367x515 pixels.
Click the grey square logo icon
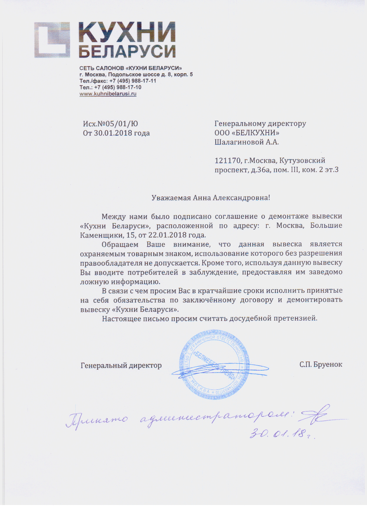coord(52,40)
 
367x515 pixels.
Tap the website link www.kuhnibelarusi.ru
coord(108,94)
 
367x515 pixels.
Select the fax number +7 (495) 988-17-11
coord(133,81)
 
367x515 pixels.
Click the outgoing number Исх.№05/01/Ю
coord(110,124)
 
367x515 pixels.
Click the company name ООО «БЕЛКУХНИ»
coord(247,133)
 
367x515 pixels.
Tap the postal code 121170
coord(228,161)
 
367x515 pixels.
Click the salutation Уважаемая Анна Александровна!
coord(211,198)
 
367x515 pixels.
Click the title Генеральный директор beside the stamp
coord(121,366)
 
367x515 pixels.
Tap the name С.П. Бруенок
coord(321,365)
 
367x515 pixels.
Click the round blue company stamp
coord(214,364)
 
